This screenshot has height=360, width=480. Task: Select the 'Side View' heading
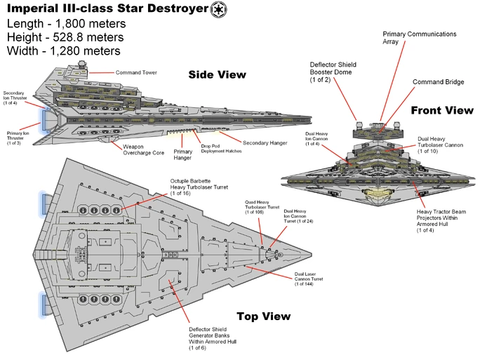point(217,74)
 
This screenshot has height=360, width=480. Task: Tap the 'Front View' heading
point(442,110)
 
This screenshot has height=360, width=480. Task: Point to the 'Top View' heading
point(263,316)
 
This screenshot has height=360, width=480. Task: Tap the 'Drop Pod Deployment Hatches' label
point(220,149)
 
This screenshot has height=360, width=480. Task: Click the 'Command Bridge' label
point(438,82)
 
